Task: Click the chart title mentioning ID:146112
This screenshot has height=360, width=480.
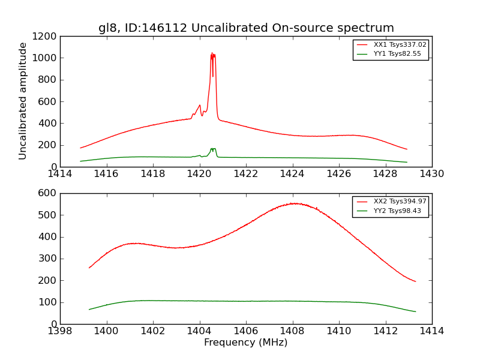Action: tap(246, 28)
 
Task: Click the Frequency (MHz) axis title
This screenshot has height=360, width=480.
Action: tap(245, 343)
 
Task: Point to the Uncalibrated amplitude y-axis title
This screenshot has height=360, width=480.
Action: tap(23, 101)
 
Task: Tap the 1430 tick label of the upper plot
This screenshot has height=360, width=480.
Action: tap(431, 174)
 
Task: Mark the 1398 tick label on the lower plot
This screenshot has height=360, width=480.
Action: tap(60, 331)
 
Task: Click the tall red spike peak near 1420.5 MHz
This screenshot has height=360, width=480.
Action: tap(212, 54)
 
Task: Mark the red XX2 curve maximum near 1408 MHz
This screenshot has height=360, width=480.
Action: tap(293, 203)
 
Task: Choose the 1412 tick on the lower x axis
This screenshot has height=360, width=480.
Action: tap(385, 331)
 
